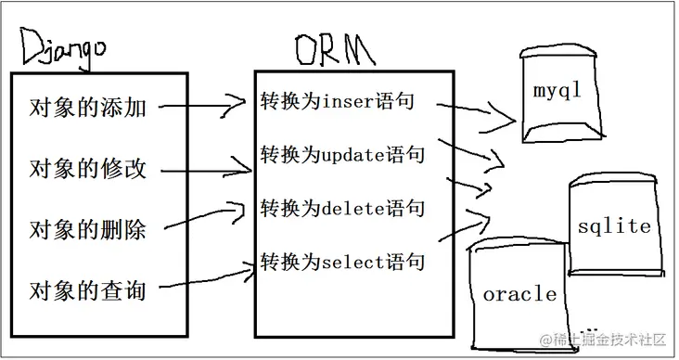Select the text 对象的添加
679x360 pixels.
[x=87, y=109]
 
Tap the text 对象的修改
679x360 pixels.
[x=87, y=169]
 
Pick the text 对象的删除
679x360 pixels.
[x=87, y=229]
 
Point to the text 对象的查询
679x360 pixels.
[x=87, y=289]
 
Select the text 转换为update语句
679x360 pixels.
[x=342, y=154]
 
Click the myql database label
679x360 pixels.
[x=557, y=92]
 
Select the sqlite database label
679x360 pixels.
[x=613, y=226]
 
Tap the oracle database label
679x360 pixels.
[x=519, y=295]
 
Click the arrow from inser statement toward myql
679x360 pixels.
[x=478, y=113]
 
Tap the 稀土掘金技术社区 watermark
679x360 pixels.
[x=600, y=341]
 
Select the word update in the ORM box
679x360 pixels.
[x=352, y=154]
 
